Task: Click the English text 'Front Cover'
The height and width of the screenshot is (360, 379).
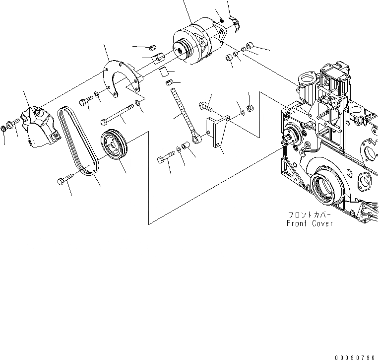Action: tap(310, 223)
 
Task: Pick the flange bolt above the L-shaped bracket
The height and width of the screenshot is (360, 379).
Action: tap(206, 105)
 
